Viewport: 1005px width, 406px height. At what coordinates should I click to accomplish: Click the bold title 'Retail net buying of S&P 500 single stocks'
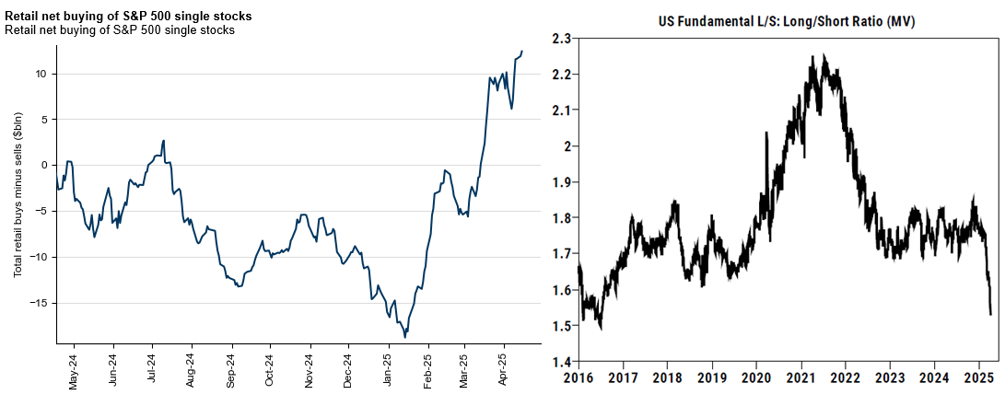coord(129,17)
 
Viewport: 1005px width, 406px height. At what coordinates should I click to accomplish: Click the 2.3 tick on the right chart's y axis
coord(558,38)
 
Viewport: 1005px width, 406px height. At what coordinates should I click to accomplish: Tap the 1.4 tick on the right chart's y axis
coord(558,362)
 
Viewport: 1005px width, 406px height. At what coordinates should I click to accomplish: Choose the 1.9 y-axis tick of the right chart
coord(558,182)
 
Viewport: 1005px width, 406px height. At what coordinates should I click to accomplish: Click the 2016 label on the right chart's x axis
coord(578,378)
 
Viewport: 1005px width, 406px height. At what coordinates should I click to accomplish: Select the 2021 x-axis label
coord(801,378)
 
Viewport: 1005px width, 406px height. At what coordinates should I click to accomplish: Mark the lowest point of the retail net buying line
coord(405,337)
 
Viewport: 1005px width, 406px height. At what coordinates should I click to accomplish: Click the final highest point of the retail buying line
coord(522,52)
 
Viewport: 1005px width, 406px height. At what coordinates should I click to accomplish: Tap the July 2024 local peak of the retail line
coord(163,141)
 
